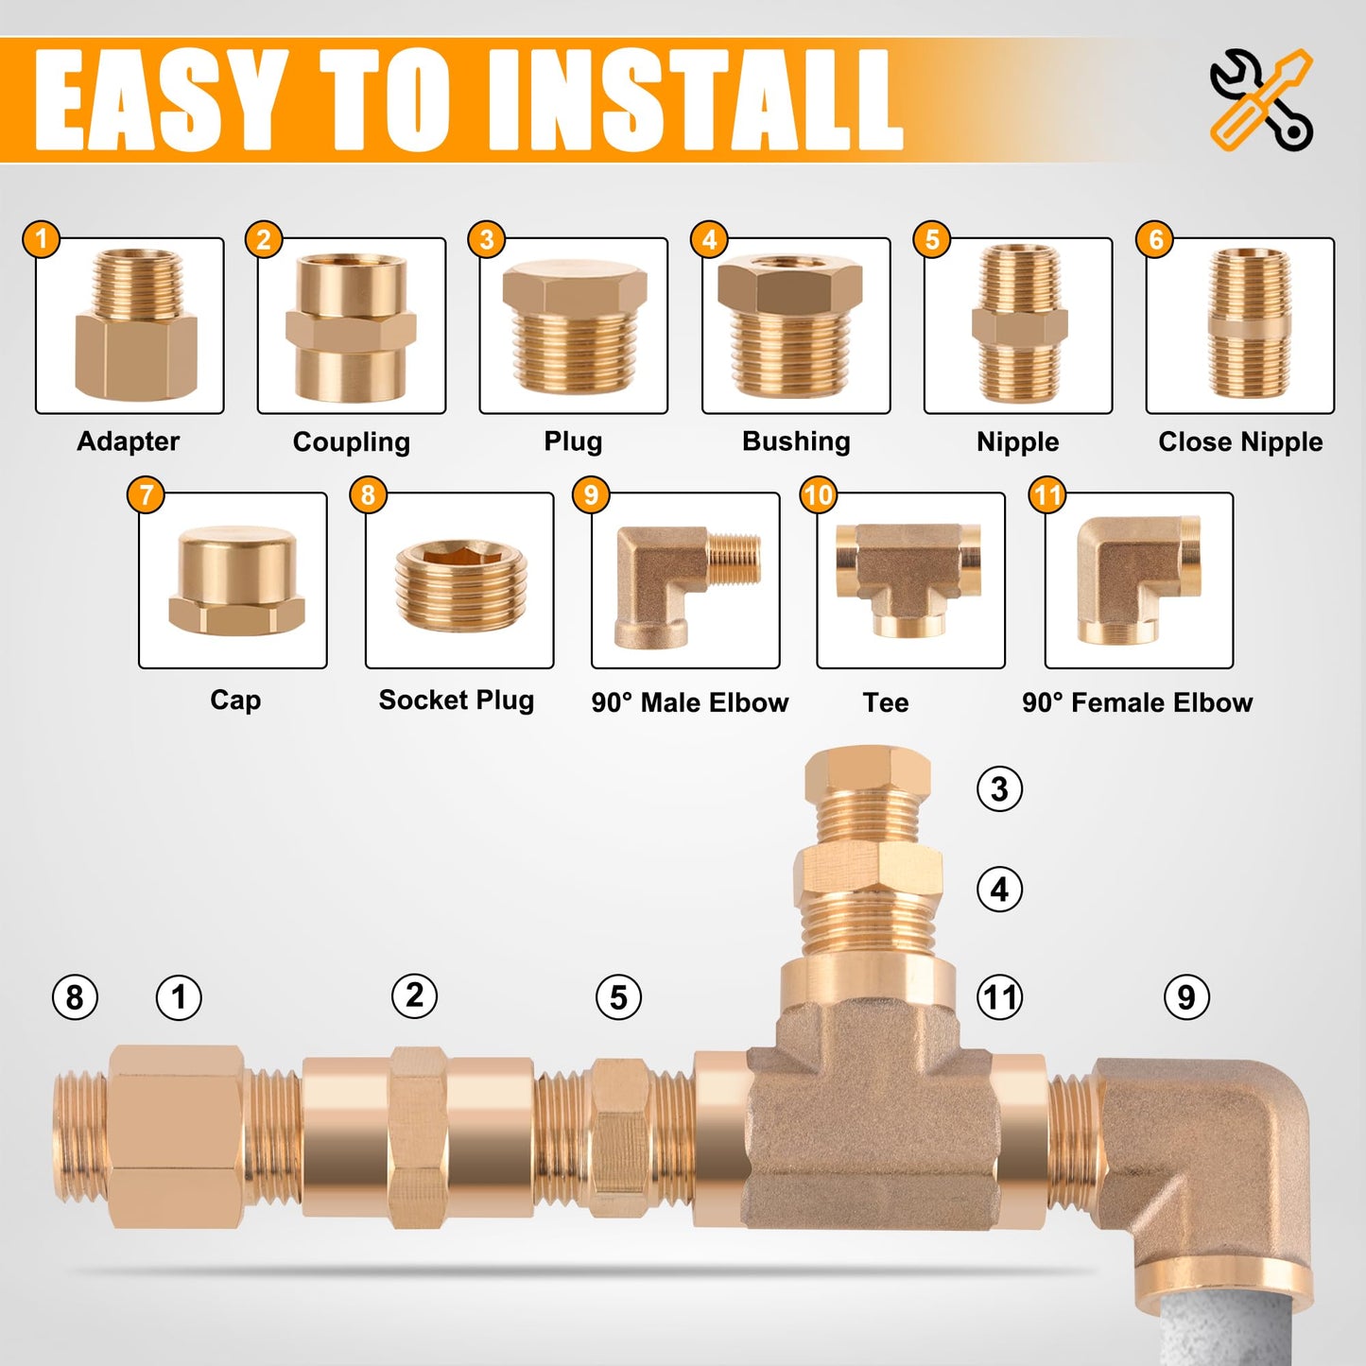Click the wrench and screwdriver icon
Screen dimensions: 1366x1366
pos(1261,100)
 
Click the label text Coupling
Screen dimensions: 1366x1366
pos(352,442)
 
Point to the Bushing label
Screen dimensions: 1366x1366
pos(796,441)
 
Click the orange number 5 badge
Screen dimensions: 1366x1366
pos(932,239)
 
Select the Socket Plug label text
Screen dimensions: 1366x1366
pos(457,700)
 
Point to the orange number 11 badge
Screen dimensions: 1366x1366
pos(1047,494)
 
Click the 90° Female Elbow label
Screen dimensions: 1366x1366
pos(1137,702)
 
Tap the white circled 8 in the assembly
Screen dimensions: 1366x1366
pos(75,998)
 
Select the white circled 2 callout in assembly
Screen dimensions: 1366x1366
pos(415,995)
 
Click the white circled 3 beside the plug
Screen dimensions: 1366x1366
pos(999,788)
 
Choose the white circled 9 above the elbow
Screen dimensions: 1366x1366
pos(1186,997)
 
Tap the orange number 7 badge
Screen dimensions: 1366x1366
pos(146,494)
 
